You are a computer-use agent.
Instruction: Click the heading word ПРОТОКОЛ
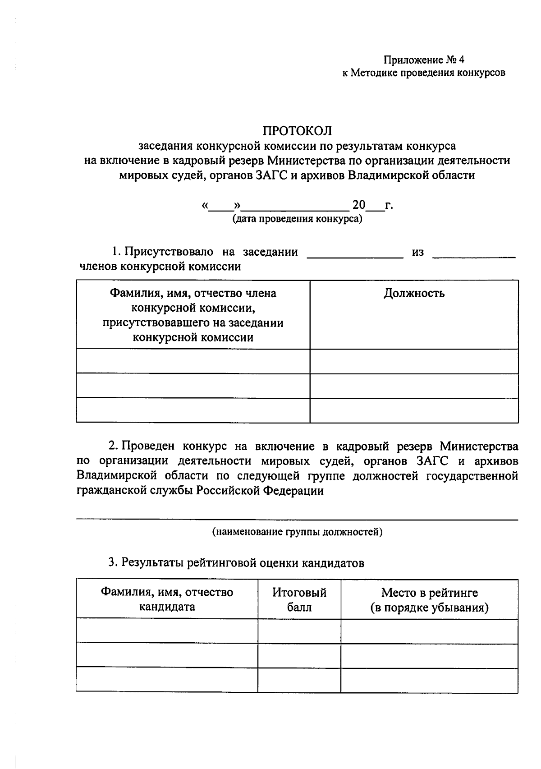point(297,131)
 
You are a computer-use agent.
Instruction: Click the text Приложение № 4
point(423,60)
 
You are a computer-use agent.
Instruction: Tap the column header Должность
point(414,294)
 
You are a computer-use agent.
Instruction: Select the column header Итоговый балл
point(299,599)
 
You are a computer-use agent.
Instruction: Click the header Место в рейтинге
point(429,592)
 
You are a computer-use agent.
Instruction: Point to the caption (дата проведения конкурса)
point(297,220)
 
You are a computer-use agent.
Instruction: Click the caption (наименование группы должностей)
point(297,532)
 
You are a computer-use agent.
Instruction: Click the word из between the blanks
point(418,252)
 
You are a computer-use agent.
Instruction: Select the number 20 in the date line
point(359,205)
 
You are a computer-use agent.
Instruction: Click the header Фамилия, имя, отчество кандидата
point(167,599)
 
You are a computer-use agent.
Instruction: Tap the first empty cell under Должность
point(414,361)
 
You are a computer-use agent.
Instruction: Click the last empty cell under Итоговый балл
point(299,680)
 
